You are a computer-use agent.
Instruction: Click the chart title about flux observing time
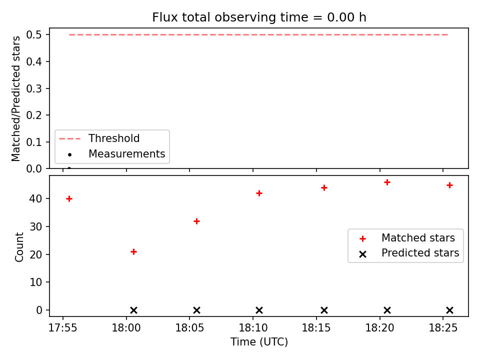pyautogui.click(x=259, y=17)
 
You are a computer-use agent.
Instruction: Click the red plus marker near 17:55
pyautogui.click(x=69, y=199)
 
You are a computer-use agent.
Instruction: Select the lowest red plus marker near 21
pyautogui.click(x=134, y=252)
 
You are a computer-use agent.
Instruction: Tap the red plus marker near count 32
pyautogui.click(x=197, y=221)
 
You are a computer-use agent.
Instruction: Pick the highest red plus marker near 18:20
pyautogui.click(x=387, y=182)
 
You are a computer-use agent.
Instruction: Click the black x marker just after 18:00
pyautogui.click(x=134, y=310)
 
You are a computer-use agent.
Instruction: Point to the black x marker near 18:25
pyautogui.click(x=449, y=310)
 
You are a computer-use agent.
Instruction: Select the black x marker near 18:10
pyautogui.click(x=259, y=310)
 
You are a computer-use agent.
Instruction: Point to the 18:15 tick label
pyautogui.click(x=316, y=328)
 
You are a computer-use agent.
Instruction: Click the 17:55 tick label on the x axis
pyautogui.click(x=63, y=328)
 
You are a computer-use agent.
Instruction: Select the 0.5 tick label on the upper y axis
pyautogui.click(x=33, y=34)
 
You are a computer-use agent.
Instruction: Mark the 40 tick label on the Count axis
pyautogui.click(x=35, y=198)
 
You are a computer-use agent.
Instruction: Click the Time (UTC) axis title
pyautogui.click(x=259, y=342)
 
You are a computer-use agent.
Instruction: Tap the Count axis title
pyautogui.click(x=19, y=246)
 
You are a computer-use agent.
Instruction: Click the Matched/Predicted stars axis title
pyautogui.click(x=15, y=98)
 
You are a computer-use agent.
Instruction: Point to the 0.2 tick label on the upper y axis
pyautogui.click(x=33, y=115)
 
